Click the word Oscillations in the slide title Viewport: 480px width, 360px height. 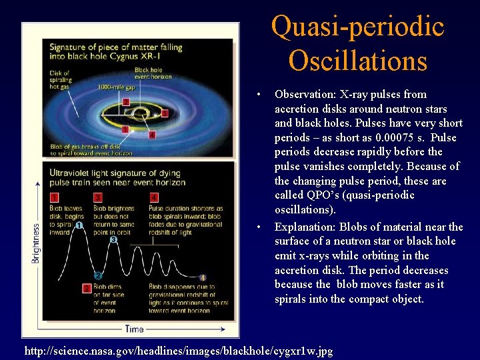pos(357,61)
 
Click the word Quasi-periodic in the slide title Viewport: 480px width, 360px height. pos(357,27)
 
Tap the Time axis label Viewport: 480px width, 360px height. pos(133,329)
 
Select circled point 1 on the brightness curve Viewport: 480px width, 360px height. pos(79,226)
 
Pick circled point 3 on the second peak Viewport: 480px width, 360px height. pos(113,239)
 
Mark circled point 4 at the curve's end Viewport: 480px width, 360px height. pos(203,277)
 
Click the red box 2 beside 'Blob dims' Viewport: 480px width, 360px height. pos(87,288)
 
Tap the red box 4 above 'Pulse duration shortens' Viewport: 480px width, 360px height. pos(154,198)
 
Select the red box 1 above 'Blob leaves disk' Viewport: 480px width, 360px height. pos(54,198)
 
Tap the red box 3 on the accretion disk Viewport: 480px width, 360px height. pos(165,113)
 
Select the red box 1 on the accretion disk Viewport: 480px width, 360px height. pos(125,128)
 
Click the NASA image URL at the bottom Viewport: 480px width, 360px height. pos(179,351)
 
